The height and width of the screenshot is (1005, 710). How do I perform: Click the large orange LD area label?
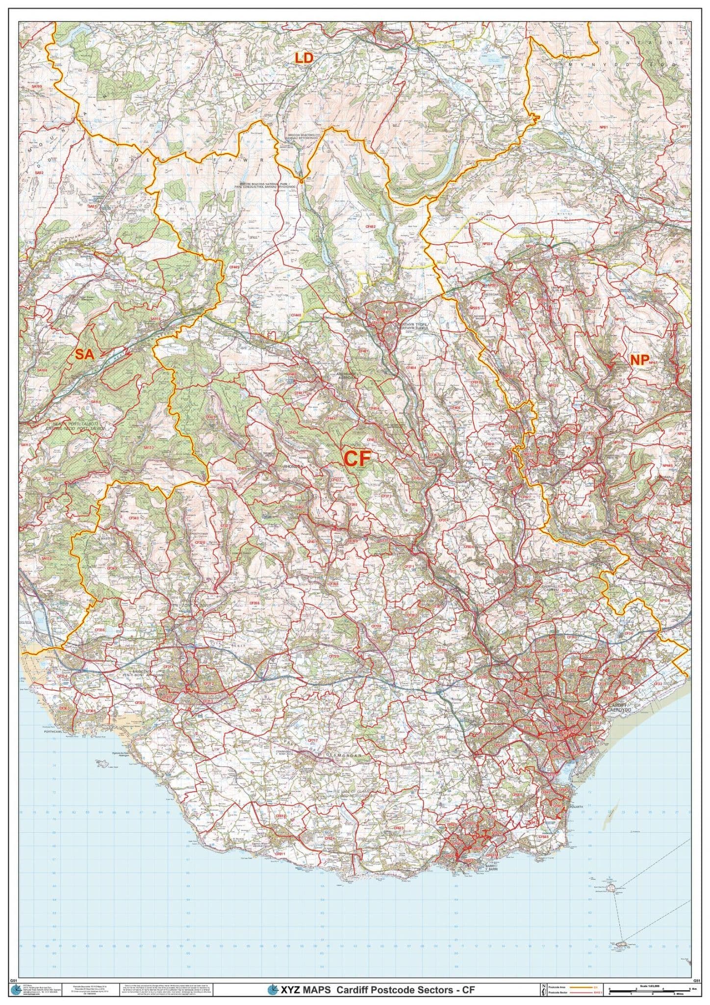click(304, 58)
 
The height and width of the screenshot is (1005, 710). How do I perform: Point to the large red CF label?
click(356, 458)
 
